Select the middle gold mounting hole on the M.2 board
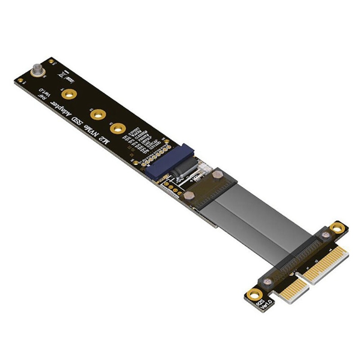[x=98, y=114]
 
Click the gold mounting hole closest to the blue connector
[x=117, y=129]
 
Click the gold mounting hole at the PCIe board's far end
[x=335, y=229]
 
